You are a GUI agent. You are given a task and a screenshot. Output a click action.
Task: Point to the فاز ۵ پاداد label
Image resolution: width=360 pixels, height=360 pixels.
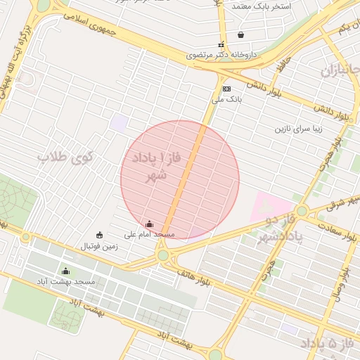point(330,344)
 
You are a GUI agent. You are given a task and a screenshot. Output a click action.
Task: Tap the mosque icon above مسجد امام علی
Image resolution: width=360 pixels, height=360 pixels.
point(149,224)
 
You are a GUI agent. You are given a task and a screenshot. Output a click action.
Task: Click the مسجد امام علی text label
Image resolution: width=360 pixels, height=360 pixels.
point(149,233)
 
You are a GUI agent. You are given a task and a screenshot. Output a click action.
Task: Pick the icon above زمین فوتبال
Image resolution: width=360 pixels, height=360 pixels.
point(99,235)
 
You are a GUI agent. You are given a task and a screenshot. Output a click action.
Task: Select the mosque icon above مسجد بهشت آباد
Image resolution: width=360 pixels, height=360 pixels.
point(66,271)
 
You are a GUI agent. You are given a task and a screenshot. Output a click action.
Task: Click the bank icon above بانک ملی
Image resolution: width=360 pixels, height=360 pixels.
point(226,89)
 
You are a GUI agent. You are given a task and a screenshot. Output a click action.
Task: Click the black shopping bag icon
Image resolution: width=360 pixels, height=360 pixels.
point(241,34)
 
